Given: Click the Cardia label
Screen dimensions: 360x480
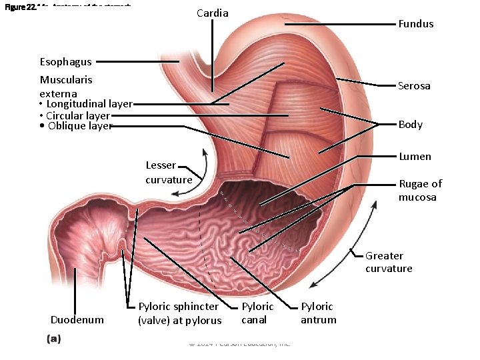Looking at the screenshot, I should coord(213,13).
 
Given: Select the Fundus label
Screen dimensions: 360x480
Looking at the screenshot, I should coord(415,24).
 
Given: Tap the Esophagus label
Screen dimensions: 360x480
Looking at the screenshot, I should coord(65,62).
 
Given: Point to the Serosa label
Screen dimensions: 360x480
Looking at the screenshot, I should coord(414,86).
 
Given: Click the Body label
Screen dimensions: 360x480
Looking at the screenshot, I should coord(410,125).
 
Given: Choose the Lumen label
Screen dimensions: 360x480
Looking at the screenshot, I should coord(415,157).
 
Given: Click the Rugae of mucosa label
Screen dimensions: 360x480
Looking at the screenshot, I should coord(420,190).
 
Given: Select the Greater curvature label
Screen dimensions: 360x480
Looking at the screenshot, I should coord(389,262).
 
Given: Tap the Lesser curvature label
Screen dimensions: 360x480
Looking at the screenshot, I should coord(168,173).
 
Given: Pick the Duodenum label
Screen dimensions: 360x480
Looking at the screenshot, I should coord(77,320).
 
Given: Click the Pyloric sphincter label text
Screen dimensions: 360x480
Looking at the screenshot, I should coord(179,313).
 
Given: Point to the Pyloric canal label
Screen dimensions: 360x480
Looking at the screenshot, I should coord(257,313).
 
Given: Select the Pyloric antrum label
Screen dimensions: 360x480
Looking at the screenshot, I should coord(318,313).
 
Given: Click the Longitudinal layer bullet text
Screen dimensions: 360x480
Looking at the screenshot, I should coord(89,104).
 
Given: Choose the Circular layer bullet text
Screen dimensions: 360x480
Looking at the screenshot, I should coord(78,115).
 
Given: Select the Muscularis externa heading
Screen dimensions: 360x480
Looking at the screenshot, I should coord(65,86).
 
